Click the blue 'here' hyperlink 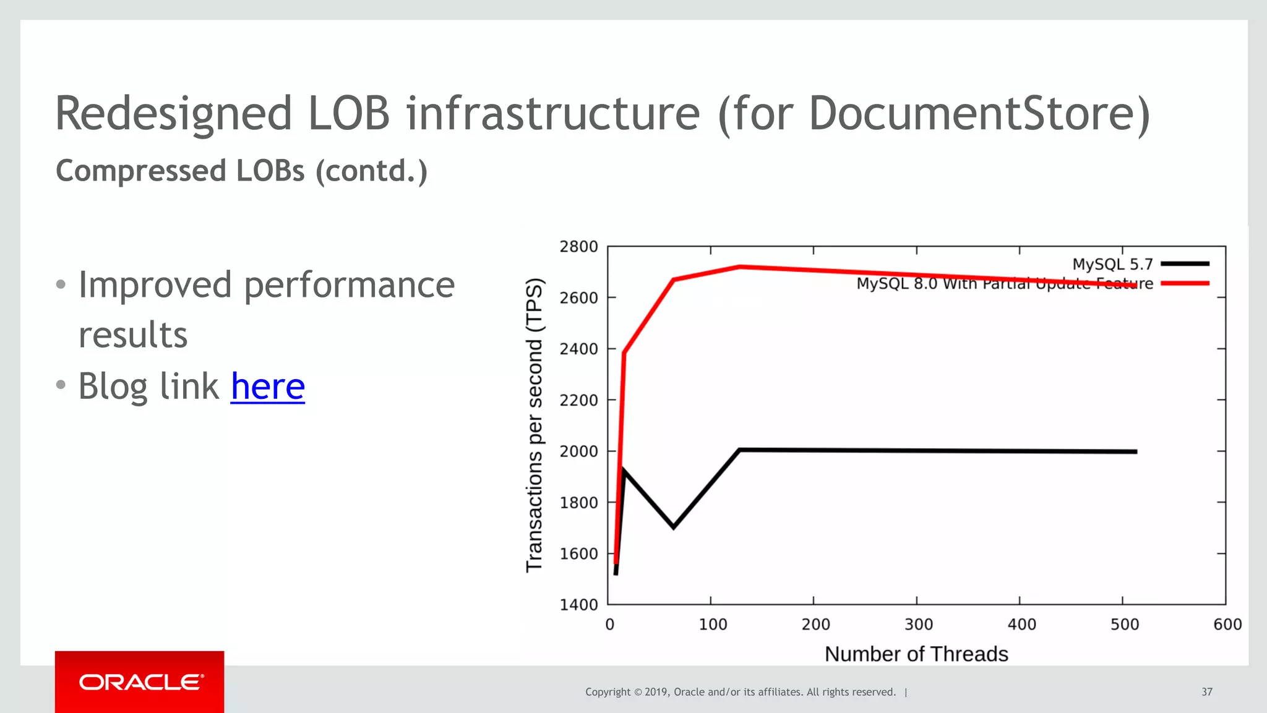(x=267, y=386)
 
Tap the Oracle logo (x=141, y=683)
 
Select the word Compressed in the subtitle (x=140, y=171)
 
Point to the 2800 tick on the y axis (x=578, y=247)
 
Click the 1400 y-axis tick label (x=578, y=605)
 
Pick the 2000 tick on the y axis (x=578, y=451)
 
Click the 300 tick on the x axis (x=918, y=625)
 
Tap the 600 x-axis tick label (x=1227, y=625)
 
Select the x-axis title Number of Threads (x=916, y=654)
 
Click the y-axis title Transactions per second (x=534, y=425)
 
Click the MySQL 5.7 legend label (x=1112, y=265)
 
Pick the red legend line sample (x=1185, y=283)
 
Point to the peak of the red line (x=739, y=267)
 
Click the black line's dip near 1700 (x=674, y=527)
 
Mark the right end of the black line (x=1136, y=451)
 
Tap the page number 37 (x=1206, y=692)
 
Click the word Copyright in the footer (x=608, y=692)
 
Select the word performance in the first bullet (x=349, y=286)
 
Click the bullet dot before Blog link (x=61, y=385)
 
